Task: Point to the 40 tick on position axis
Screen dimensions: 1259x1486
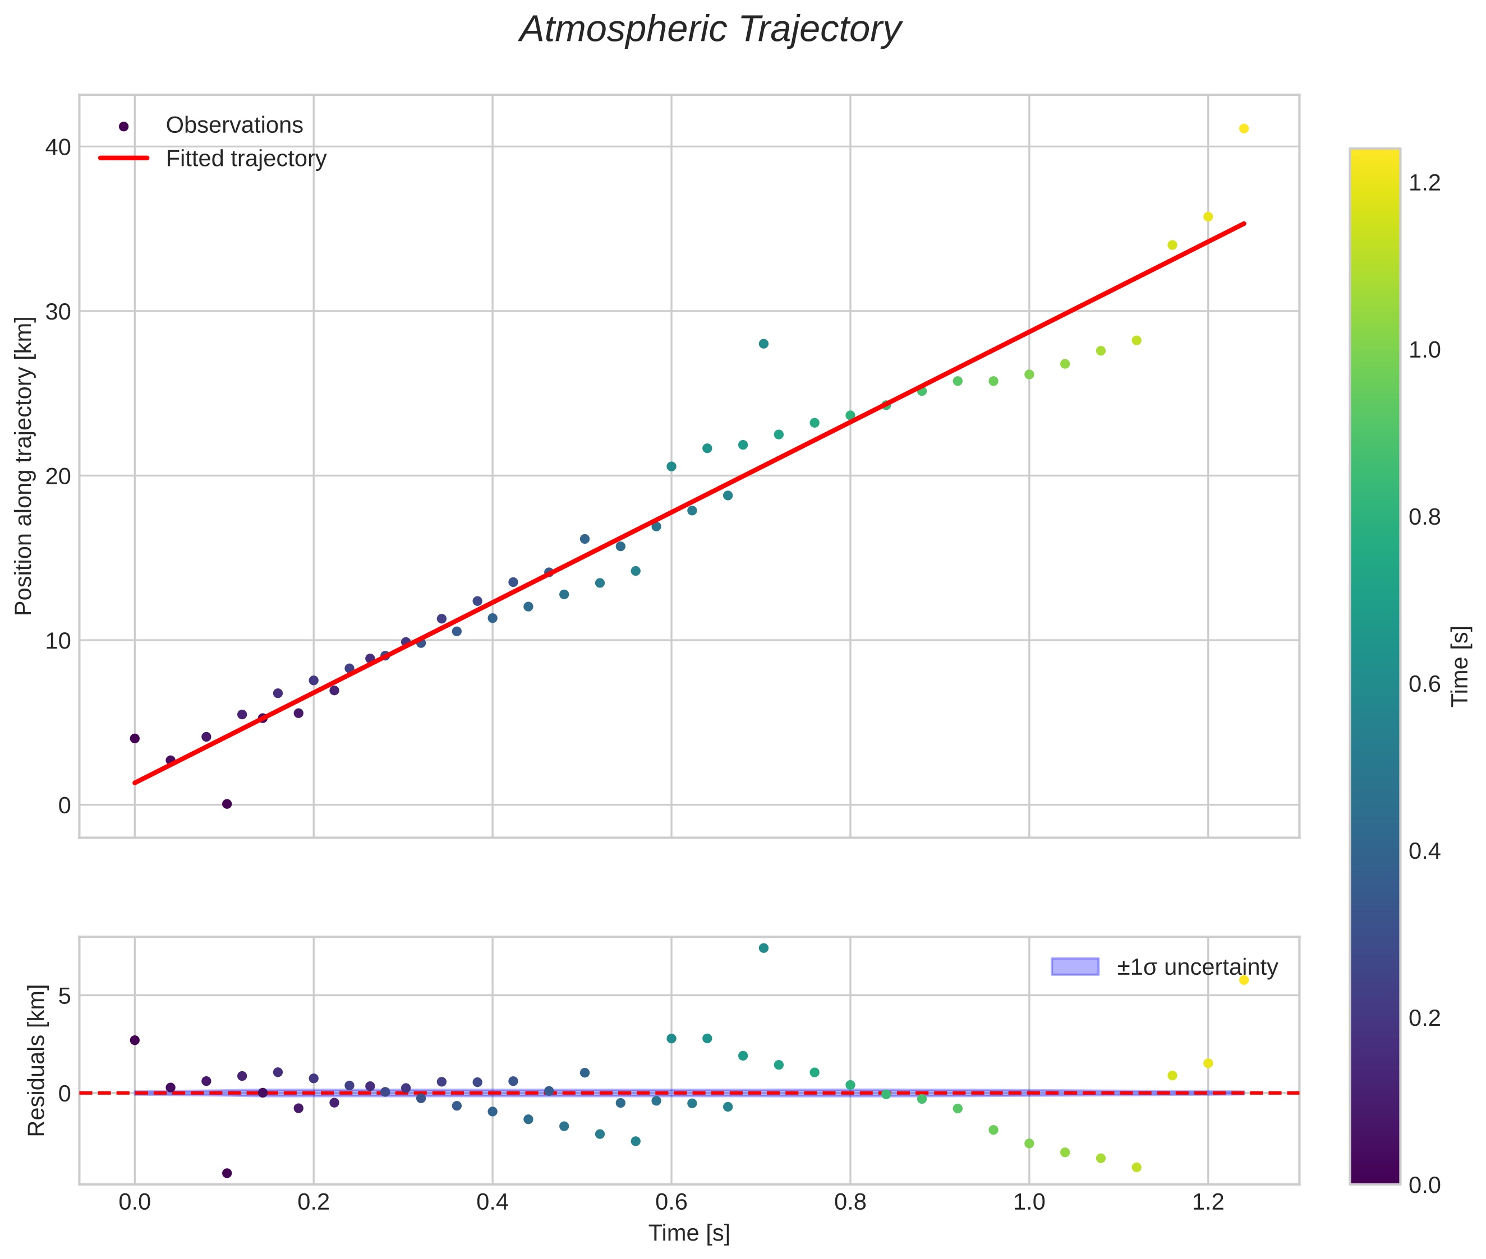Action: click(x=58, y=147)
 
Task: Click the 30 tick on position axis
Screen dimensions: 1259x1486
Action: click(x=58, y=312)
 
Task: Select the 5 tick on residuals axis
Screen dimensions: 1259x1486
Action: click(x=65, y=996)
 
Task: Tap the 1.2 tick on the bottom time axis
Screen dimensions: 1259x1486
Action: click(x=1208, y=1202)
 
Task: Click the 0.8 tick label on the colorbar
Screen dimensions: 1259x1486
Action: click(x=1425, y=517)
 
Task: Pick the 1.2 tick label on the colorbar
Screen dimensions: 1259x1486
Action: click(x=1425, y=183)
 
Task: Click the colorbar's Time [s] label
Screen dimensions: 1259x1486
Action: click(x=1461, y=666)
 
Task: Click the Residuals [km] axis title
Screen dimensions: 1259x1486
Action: click(x=36, y=1061)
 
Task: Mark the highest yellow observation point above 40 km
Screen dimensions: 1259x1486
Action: click(x=1243, y=128)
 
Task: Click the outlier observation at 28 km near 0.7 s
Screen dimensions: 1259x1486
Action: click(x=763, y=343)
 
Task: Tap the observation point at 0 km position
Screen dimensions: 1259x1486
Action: click(x=227, y=804)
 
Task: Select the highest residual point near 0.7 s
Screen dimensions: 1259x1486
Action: click(x=763, y=948)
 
